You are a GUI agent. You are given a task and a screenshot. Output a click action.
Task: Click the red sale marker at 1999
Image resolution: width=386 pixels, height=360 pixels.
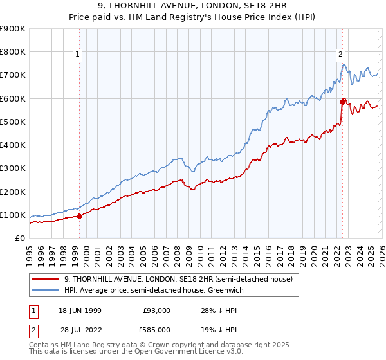[x=79, y=216]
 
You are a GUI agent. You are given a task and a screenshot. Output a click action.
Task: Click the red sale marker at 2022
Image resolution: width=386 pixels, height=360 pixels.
[x=342, y=101]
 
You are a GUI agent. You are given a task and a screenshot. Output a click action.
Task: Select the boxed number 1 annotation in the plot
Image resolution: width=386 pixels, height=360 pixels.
[x=77, y=55]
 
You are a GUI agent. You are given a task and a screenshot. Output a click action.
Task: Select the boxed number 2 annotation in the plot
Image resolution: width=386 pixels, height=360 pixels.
[x=340, y=55]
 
